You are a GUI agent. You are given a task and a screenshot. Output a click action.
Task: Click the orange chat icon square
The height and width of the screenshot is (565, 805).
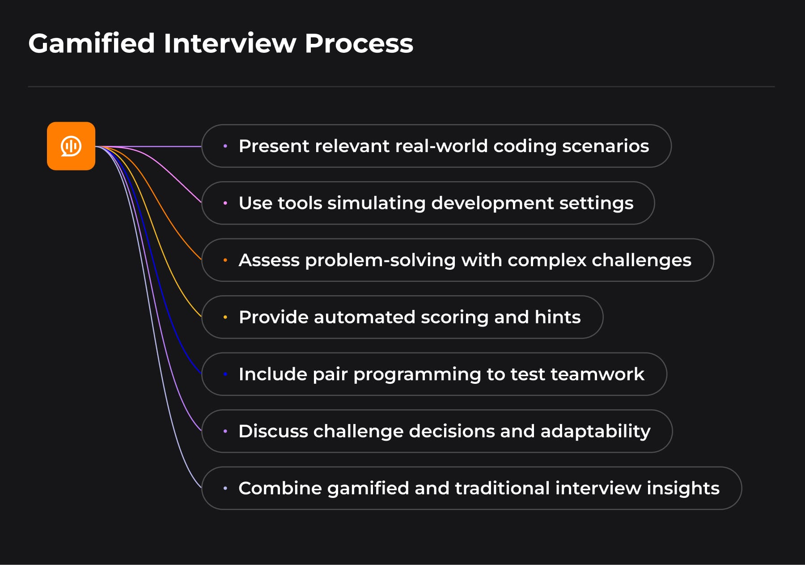pos(71,146)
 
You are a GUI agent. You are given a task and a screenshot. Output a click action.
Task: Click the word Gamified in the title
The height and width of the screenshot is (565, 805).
pos(92,44)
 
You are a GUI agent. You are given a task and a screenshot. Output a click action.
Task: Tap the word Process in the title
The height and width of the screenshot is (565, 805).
pos(359,44)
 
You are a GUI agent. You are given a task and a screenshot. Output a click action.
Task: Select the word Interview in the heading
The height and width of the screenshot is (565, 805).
pos(229,44)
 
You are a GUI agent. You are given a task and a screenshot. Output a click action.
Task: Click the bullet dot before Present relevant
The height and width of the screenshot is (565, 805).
pos(225,146)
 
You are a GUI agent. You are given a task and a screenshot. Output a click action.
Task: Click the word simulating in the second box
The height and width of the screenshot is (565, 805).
pos(377,203)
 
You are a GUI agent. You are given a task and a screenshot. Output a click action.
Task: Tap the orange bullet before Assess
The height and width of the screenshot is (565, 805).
pos(225,260)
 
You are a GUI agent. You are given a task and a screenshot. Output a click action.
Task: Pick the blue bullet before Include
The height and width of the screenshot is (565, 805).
pos(225,374)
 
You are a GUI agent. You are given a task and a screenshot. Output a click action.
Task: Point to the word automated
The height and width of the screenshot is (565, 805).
pos(364,317)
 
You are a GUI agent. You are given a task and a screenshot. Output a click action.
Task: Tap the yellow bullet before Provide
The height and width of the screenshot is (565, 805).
pos(225,317)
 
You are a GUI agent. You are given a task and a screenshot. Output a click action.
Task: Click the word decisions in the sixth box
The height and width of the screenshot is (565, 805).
pos(451,431)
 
